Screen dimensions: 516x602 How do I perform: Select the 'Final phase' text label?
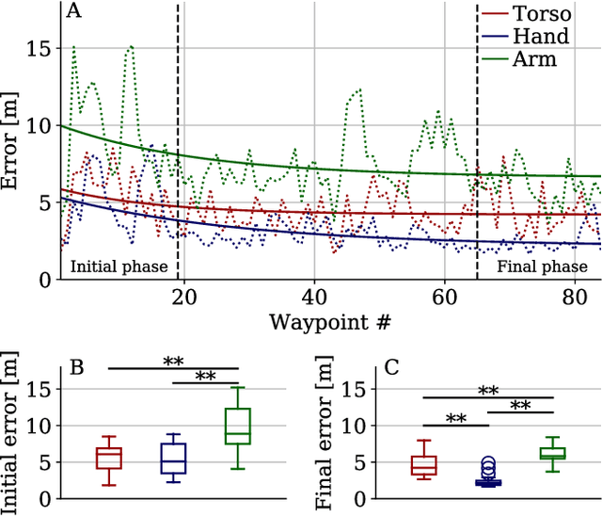coord(542,266)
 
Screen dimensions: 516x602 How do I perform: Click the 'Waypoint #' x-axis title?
coord(330,322)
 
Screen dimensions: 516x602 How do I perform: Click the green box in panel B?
coord(238,426)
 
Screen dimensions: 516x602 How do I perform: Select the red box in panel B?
coord(110,459)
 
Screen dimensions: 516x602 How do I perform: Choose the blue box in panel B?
coord(174,459)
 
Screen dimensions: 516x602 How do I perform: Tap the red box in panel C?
coord(424,465)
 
